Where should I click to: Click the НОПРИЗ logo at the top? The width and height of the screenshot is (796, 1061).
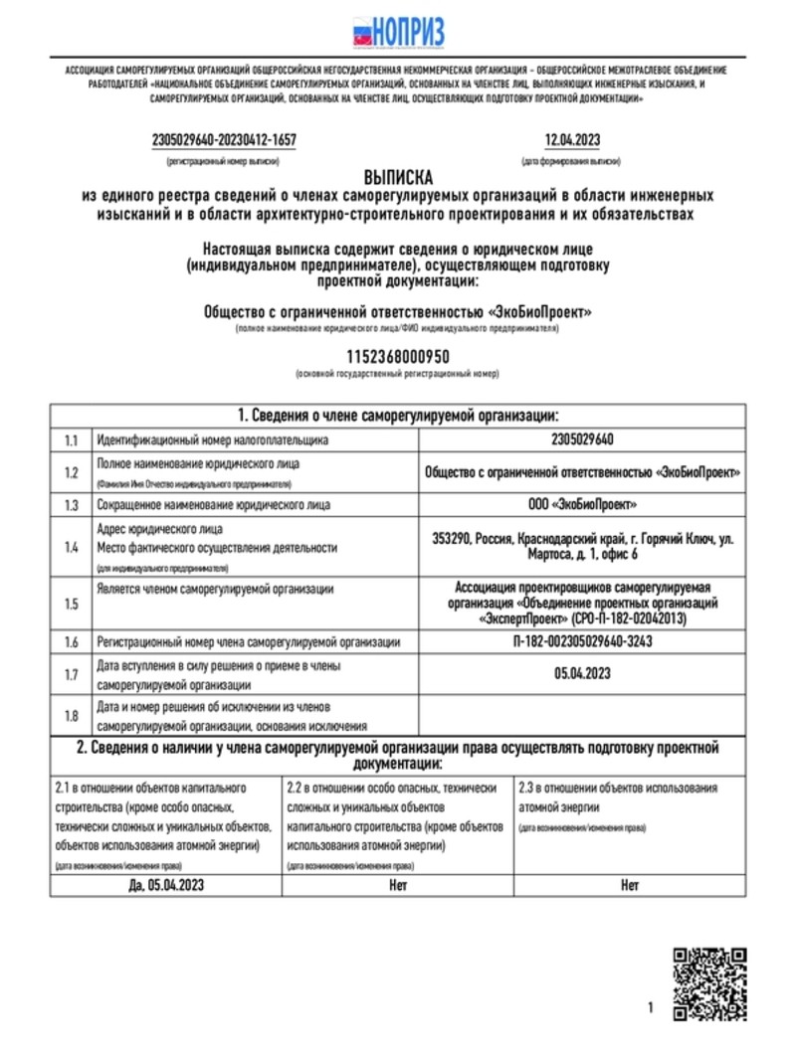tap(398, 33)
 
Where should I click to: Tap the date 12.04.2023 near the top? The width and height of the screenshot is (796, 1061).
tap(572, 140)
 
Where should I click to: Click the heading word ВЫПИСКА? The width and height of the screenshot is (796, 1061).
tap(398, 176)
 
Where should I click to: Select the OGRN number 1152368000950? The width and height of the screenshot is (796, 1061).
tap(398, 355)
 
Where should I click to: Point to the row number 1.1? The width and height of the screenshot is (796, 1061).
tap(71, 440)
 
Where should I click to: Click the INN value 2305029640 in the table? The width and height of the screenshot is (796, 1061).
tap(582, 440)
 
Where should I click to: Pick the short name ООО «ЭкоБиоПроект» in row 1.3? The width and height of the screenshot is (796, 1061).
tap(582, 505)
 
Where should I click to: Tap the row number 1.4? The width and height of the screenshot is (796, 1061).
tap(71, 547)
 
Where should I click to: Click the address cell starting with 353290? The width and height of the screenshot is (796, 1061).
tap(582, 547)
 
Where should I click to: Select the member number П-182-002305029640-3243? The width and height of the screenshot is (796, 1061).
tap(582, 642)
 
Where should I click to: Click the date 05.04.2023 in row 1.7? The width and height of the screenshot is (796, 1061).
tap(582, 674)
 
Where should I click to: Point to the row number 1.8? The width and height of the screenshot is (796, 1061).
tap(71, 716)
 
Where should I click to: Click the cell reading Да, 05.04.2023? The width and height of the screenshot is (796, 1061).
tap(165, 885)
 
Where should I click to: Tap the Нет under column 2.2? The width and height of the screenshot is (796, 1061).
tap(398, 885)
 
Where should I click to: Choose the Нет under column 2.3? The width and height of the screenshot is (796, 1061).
tap(630, 885)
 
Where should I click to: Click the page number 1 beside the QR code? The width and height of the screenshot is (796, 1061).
tap(651, 1008)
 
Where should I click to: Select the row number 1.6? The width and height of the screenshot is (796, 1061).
tap(71, 642)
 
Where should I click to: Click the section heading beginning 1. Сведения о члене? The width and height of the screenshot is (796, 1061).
tap(398, 415)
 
